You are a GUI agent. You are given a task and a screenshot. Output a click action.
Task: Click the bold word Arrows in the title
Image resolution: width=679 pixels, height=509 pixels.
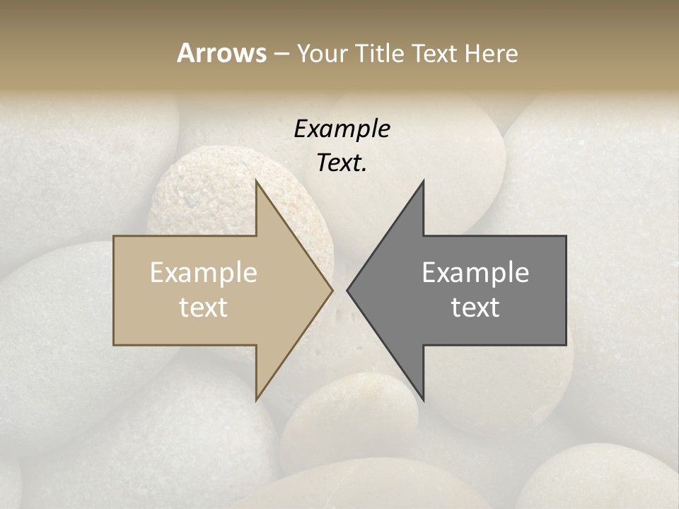click(x=221, y=53)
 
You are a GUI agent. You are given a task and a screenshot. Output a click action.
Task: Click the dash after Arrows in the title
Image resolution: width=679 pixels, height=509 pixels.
click(x=281, y=54)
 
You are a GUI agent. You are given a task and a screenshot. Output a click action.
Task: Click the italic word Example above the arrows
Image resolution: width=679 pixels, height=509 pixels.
click(x=342, y=129)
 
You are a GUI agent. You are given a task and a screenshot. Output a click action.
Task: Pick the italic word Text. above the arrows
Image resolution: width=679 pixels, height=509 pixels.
click(x=342, y=163)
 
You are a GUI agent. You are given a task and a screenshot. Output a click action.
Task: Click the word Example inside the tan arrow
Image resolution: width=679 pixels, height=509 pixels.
click(x=204, y=273)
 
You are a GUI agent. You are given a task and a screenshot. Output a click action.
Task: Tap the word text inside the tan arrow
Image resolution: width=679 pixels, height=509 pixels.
click(x=204, y=308)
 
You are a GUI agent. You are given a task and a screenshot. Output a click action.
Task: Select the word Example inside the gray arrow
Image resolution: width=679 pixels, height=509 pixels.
click(x=475, y=273)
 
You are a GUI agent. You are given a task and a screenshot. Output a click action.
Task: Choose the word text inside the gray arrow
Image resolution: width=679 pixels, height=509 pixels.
click(x=475, y=308)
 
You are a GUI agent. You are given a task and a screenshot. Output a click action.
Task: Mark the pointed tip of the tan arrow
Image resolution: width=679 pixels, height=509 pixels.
click(x=332, y=290)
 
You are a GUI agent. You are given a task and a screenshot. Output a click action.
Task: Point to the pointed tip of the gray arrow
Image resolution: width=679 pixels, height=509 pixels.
click(x=347, y=290)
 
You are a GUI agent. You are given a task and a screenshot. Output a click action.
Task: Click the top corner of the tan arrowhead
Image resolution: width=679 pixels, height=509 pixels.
click(x=256, y=180)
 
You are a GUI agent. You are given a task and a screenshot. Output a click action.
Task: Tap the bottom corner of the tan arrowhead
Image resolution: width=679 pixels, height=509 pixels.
click(x=256, y=400)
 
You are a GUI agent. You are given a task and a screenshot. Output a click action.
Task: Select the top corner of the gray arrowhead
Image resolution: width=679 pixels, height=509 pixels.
click(x=423, y=180)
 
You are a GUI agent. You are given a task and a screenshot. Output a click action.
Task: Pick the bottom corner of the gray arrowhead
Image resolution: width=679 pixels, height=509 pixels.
click(x=423, y=400)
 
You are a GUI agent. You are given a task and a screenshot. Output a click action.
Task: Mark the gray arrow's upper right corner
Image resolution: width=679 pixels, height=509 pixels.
click(x=565, y=237)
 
